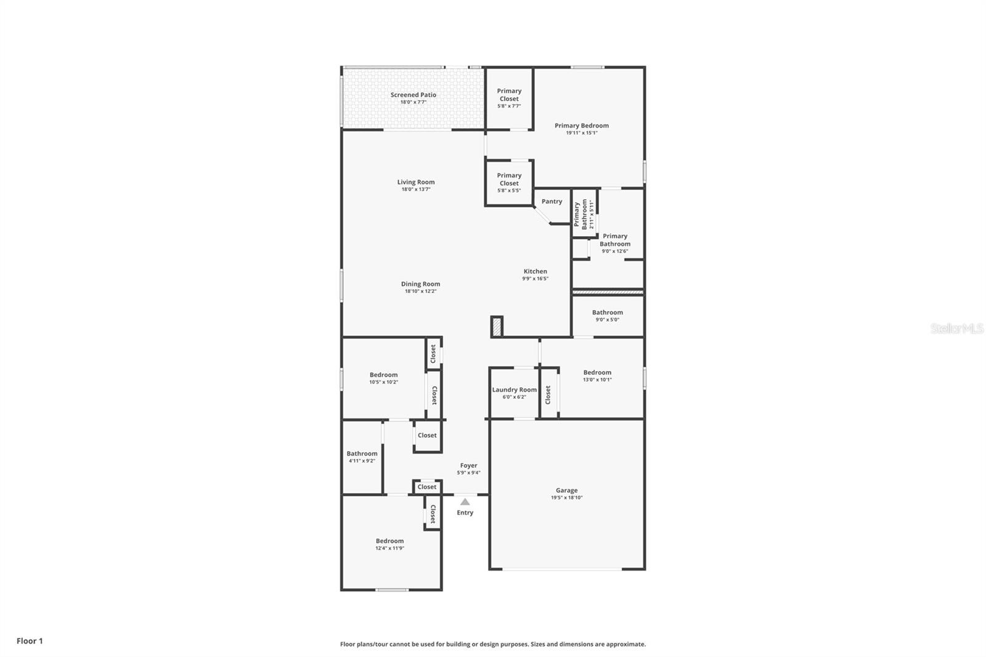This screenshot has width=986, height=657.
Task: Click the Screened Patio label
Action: coord(413,95)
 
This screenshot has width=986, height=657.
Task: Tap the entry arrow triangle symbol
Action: coord(465,502)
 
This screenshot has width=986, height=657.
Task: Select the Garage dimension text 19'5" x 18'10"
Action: coord(566,497)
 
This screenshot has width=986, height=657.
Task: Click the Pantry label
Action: coord(552,202)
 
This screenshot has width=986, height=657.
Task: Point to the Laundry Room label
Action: coord(514,390)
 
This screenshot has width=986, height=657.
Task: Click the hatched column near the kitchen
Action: coord(497,327)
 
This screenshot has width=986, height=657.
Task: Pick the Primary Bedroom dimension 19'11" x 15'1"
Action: coord(581,133)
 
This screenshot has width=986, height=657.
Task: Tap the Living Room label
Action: coord(415,182)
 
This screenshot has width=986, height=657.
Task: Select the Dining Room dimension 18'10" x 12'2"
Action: coord(420,292)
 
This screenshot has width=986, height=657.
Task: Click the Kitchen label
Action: coord(535,271)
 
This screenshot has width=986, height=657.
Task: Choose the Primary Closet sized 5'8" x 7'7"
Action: coord(509,95)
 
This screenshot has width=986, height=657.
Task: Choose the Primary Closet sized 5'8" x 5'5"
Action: coord(509,179)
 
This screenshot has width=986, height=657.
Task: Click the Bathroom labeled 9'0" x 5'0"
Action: coord(607,312)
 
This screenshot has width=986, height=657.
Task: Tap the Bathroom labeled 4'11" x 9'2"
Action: coord(362,454)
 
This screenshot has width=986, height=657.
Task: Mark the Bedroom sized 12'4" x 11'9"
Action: coord(389,541)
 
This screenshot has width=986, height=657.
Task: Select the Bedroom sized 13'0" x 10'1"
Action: coord(597,372)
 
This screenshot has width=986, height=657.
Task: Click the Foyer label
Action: coord(468,466)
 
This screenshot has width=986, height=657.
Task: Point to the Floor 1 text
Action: coord(30,641)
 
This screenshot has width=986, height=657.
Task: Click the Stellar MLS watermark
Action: coord(956,329)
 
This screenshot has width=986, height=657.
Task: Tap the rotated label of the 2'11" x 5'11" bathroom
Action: coord(581,214)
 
